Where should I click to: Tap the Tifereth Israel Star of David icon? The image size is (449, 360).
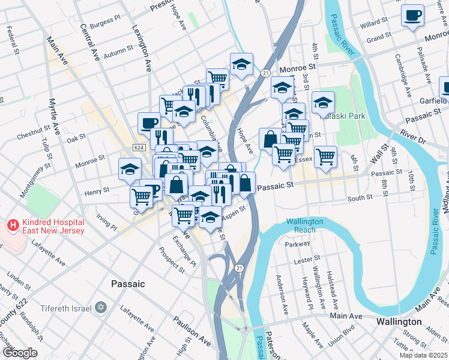pyautogui.click(x=101, y=308)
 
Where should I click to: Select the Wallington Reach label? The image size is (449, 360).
pyautogui.click(x=304, y=226)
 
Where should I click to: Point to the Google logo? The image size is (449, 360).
pyautogui.click(x=19, y=353)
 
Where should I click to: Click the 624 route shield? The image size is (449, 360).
pyautogui.click(x=139, y=148)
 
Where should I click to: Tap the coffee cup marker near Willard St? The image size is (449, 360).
pyautogui.click(x=412, y=15)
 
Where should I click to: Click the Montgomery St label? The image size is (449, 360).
pyautogui.click(x=32, y=181)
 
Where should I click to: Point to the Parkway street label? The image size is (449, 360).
pyautogui.click(x=298, y=244)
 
